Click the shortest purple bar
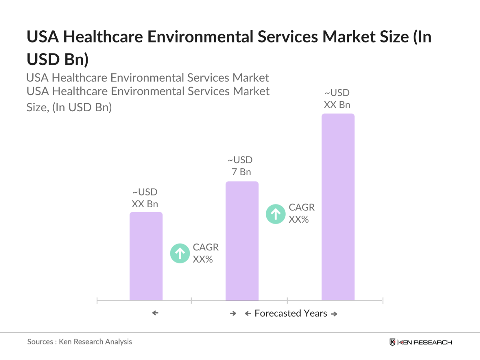point(146,256)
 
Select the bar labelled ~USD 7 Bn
point(242,241)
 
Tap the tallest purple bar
point(338,207)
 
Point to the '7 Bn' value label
point(241,172)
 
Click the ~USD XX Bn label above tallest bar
point(337,99)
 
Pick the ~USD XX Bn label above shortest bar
point(145,198)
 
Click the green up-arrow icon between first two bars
point(180,253)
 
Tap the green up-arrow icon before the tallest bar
point(275,214)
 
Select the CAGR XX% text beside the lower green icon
point(206,253)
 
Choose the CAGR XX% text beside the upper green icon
point(302,213)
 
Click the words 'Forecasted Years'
point(291,313)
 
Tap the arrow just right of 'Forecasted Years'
point(334,314)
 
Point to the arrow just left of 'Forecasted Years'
point(248,314)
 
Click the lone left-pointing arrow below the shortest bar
point(155,313)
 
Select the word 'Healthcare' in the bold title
point(103,37)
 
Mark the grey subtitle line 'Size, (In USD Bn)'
point(69,107)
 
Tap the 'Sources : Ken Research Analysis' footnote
point(80,342)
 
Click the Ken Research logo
point(421,342)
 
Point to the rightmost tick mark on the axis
point(383,301)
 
